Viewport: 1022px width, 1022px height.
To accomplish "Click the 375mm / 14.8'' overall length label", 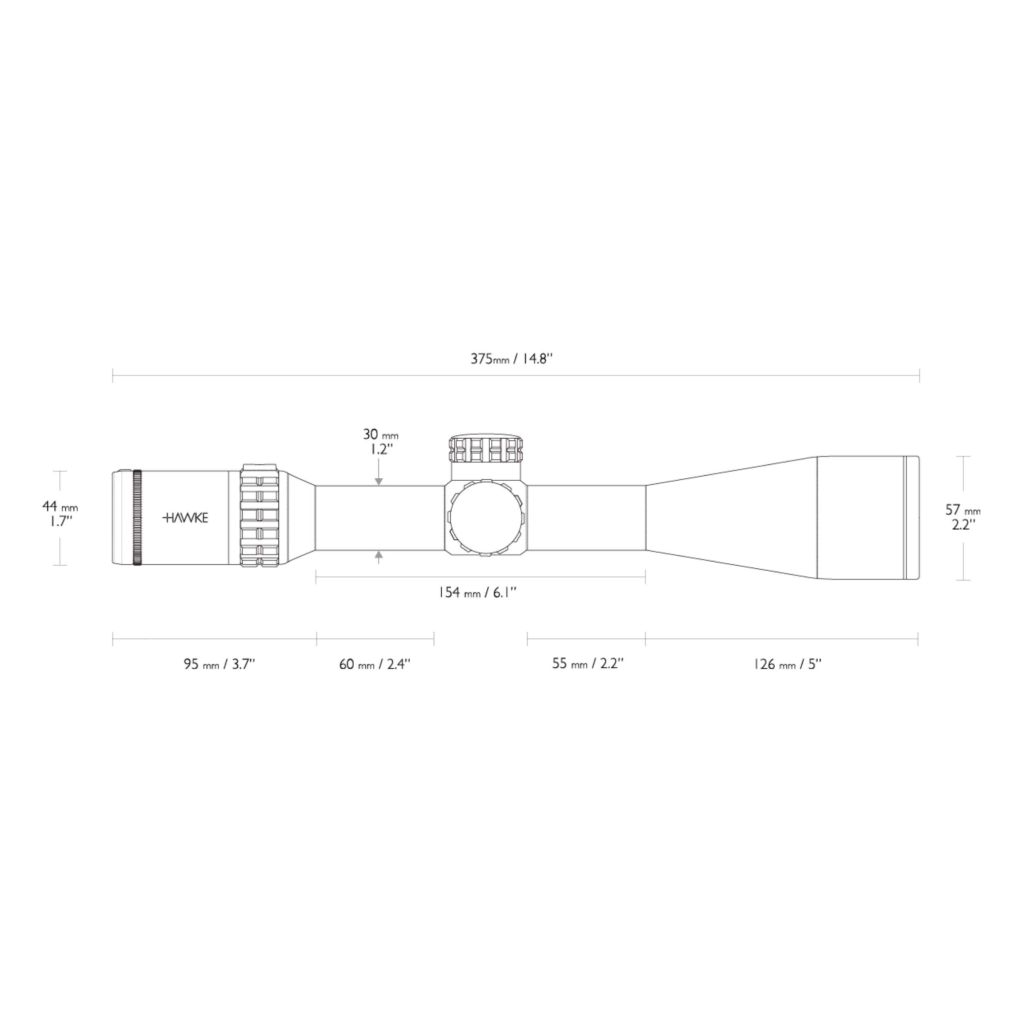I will click(x=511, y=359).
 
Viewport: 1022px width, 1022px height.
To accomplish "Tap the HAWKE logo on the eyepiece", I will click(x=185, y=518).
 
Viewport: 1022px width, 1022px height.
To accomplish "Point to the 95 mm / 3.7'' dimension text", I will click(x=220, y=664).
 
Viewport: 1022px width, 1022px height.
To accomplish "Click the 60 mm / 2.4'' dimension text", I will click(x=374, y=664).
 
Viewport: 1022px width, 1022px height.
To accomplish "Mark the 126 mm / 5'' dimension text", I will click(x=787, y=664).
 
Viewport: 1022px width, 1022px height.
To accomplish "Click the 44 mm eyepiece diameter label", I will click(x=60, y=507).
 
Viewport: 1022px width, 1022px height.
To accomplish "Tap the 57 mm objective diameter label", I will click(x=963, y=511).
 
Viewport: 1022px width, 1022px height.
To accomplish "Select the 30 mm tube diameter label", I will click(x=380, y=435).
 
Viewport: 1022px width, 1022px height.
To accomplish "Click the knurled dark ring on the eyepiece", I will click(x=137, y=518).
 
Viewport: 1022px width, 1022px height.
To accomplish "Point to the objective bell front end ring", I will click(x=912, y=518).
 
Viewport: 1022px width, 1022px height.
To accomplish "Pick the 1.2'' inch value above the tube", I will click(x=380, y=450).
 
